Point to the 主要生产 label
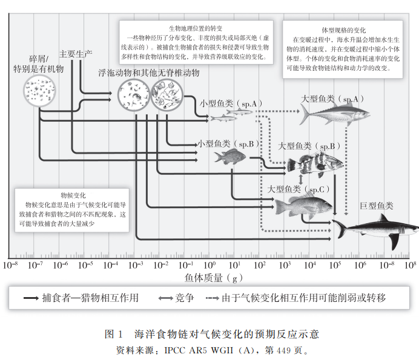76,54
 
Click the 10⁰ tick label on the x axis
209,264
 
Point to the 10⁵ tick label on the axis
335,264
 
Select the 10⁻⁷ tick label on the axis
35,264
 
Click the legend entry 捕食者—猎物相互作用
81,298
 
